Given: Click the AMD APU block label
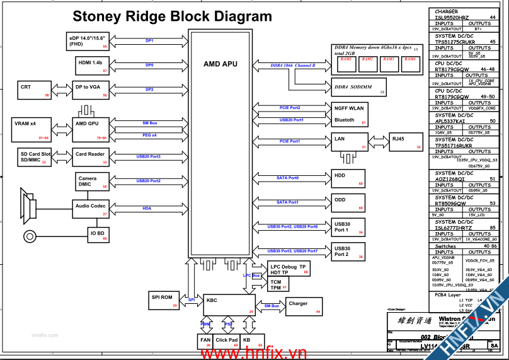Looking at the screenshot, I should (220, 64).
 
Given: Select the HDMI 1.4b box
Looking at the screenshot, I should (90, 65).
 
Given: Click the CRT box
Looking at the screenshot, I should (35, 90).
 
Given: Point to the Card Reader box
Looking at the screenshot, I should (90, 156).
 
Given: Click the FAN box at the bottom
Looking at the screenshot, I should (205, 342).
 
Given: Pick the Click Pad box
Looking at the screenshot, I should (227, 342).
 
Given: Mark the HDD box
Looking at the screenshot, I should (348, 178).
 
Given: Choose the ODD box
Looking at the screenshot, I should (348, 202).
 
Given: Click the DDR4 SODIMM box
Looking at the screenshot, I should (358, 87).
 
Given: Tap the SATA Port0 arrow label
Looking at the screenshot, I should (288, 178).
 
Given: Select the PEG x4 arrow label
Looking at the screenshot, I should (149, 134).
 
